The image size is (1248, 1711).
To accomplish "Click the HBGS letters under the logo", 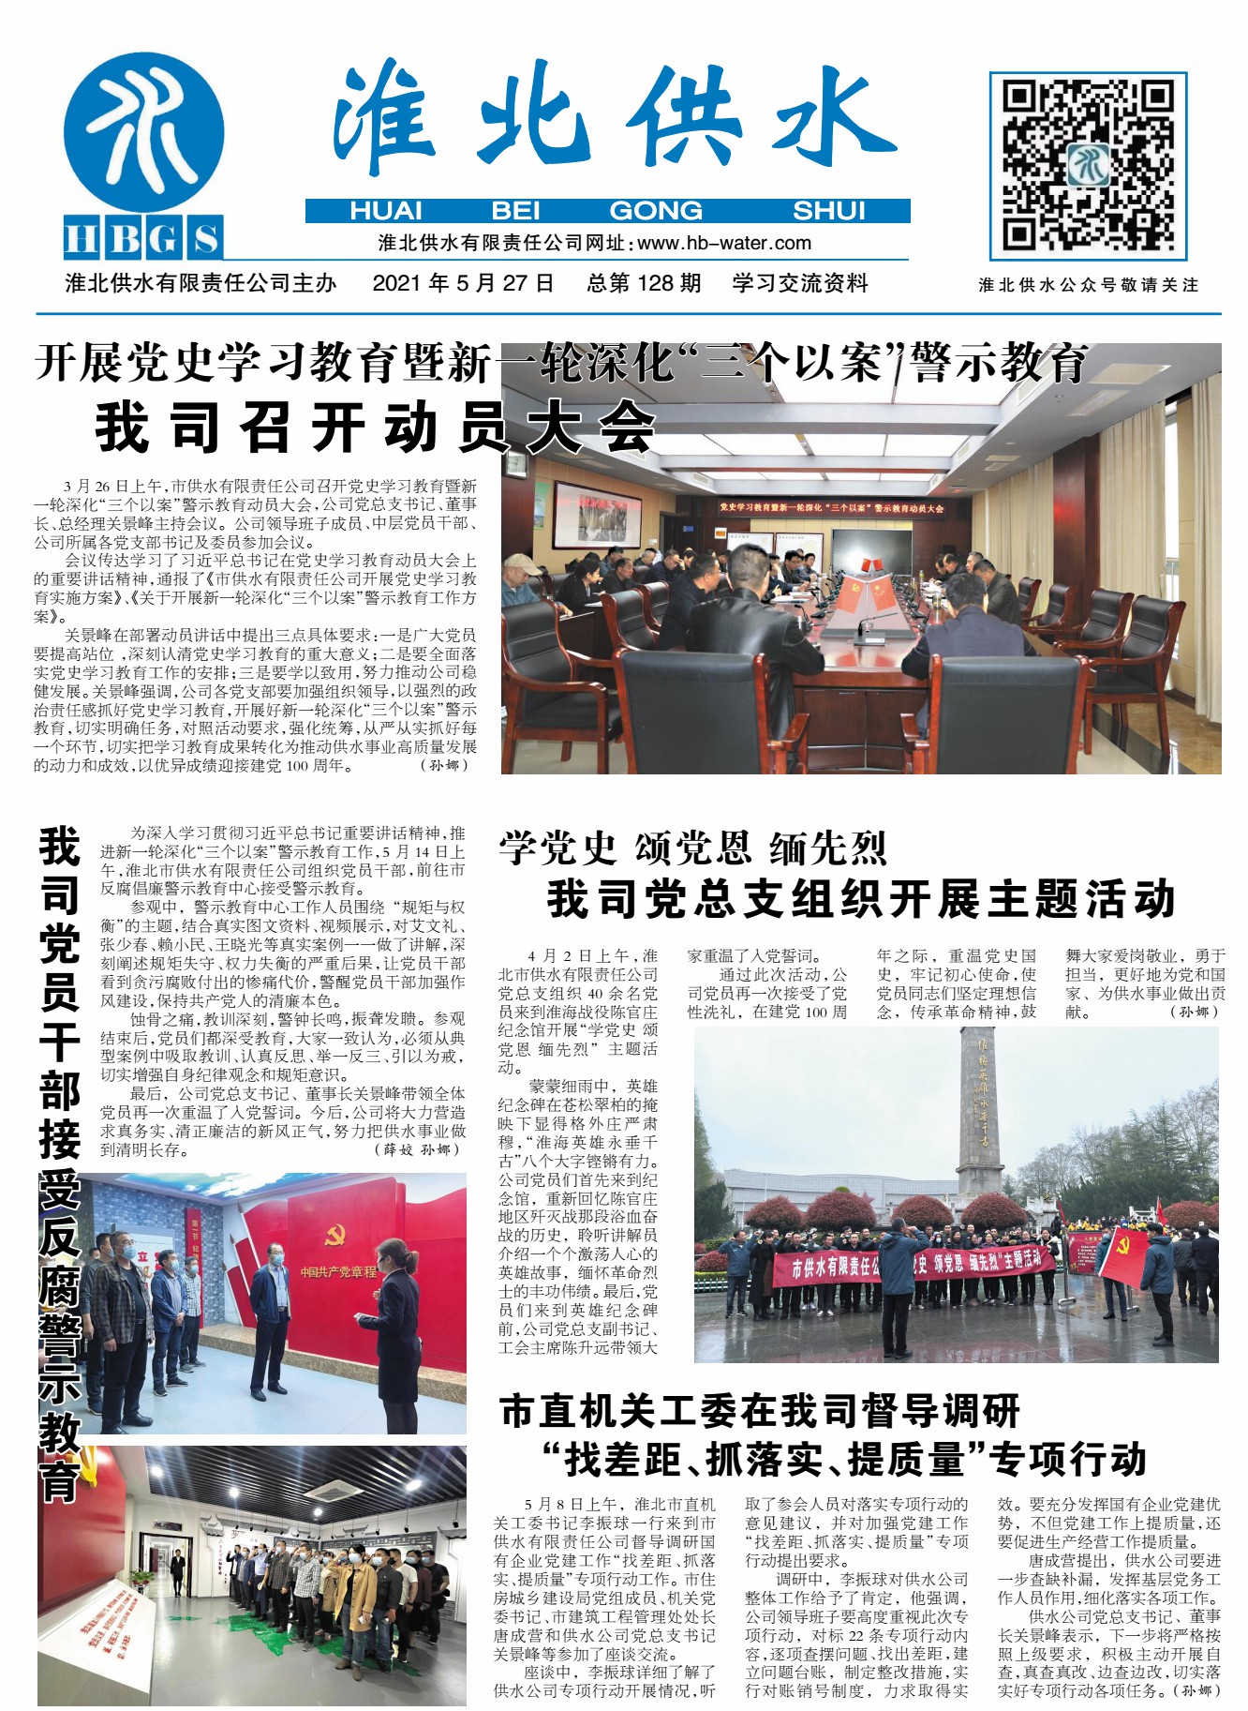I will [143, 238].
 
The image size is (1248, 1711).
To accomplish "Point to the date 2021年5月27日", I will [463, 283].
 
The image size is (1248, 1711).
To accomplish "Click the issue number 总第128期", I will [644, 283].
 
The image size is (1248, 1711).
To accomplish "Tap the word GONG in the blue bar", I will [655, 211].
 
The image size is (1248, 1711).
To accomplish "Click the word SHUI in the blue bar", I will [828, 211].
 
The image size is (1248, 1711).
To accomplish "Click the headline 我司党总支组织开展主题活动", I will [860, 898].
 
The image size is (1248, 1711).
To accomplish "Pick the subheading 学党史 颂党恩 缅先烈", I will [692, 848].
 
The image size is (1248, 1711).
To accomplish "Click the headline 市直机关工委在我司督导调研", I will [759, 1411].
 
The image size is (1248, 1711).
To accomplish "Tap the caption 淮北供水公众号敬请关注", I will [1088, 285].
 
